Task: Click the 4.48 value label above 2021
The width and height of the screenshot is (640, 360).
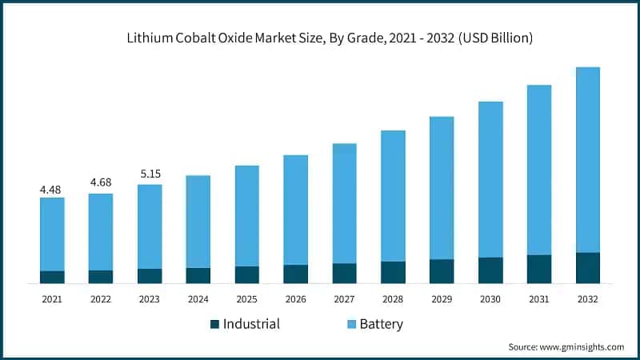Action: [x=52, y=190]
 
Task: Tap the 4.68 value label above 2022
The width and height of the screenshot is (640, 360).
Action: [x=101, y=182]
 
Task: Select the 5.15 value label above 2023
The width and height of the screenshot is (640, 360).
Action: [x=150, y=173]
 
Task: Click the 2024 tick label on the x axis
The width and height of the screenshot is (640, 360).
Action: [x=198, y=298]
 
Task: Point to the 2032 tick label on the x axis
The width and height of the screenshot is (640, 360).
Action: [x=588, y=298]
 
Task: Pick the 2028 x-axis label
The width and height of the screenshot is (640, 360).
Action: [x=393, y=298]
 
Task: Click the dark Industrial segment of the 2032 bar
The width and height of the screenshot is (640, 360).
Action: [x=588, y=268]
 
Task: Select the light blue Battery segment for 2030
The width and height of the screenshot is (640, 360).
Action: [x=490, y=179]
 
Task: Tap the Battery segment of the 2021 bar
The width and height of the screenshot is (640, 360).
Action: [x=52, y=234]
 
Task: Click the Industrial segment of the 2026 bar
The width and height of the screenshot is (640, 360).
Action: [x=296, y=274]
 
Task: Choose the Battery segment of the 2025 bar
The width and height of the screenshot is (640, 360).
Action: [x=247, y=216]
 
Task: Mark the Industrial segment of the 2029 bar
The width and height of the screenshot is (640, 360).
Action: [x=442, y=271]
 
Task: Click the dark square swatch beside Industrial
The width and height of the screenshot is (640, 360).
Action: [x=214, y=324]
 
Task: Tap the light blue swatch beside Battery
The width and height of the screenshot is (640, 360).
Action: [x=350, y=324]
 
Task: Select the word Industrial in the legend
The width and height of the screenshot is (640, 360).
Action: [x=251, y=324]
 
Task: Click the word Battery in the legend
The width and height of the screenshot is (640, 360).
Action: [x=381, y=324]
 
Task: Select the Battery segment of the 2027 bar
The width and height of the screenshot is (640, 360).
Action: [x=344, y=203]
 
